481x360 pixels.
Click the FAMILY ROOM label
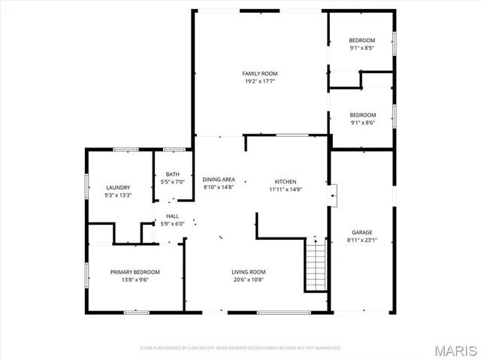click(259, 74)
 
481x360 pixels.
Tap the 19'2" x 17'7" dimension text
click(259, 81)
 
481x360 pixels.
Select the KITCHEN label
click(286, 182)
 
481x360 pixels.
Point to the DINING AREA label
click(219, 180)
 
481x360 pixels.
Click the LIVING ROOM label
click(248, 272)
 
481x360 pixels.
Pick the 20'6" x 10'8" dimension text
click(248, 280)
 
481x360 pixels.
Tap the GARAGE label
click(362, 232)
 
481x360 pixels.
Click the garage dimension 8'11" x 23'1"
click(362, 241)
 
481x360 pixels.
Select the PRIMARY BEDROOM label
click(135, 272)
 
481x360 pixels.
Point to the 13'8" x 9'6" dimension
click(135, 280)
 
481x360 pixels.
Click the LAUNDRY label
click(118, 187)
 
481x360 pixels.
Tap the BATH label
click(173, 174)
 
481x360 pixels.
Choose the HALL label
click(173, 216)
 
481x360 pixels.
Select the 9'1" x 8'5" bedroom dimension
click(362, 48)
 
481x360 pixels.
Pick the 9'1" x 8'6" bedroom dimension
click(362, 123)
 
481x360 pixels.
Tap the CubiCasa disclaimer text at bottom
click(240, 348)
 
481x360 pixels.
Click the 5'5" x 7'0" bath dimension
click(173, 182)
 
